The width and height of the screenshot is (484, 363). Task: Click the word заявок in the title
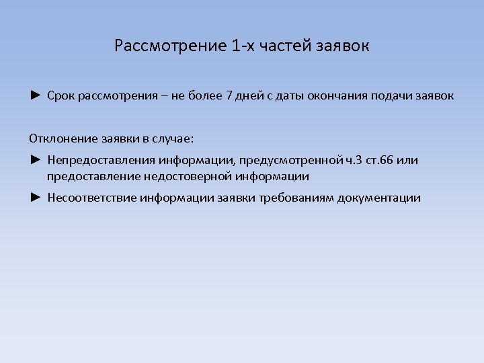[x=346, y=46]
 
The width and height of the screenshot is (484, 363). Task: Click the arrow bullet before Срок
[x=36, y=95]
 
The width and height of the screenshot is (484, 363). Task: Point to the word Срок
[x=61, y=96]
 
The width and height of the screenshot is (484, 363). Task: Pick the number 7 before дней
[x=229, y=96]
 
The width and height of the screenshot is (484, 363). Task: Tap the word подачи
[x=387, y=96]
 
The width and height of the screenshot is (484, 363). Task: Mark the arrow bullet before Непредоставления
[x=36, y=160]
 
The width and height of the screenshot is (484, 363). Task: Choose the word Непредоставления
[x=101, y=161]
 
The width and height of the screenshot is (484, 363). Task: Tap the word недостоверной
[x=213, y=177]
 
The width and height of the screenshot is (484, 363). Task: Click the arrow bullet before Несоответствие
[x=36, y=197]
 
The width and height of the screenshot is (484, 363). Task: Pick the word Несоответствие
[x=91, y=198]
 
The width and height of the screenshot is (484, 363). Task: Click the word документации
[x=379, y=198]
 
